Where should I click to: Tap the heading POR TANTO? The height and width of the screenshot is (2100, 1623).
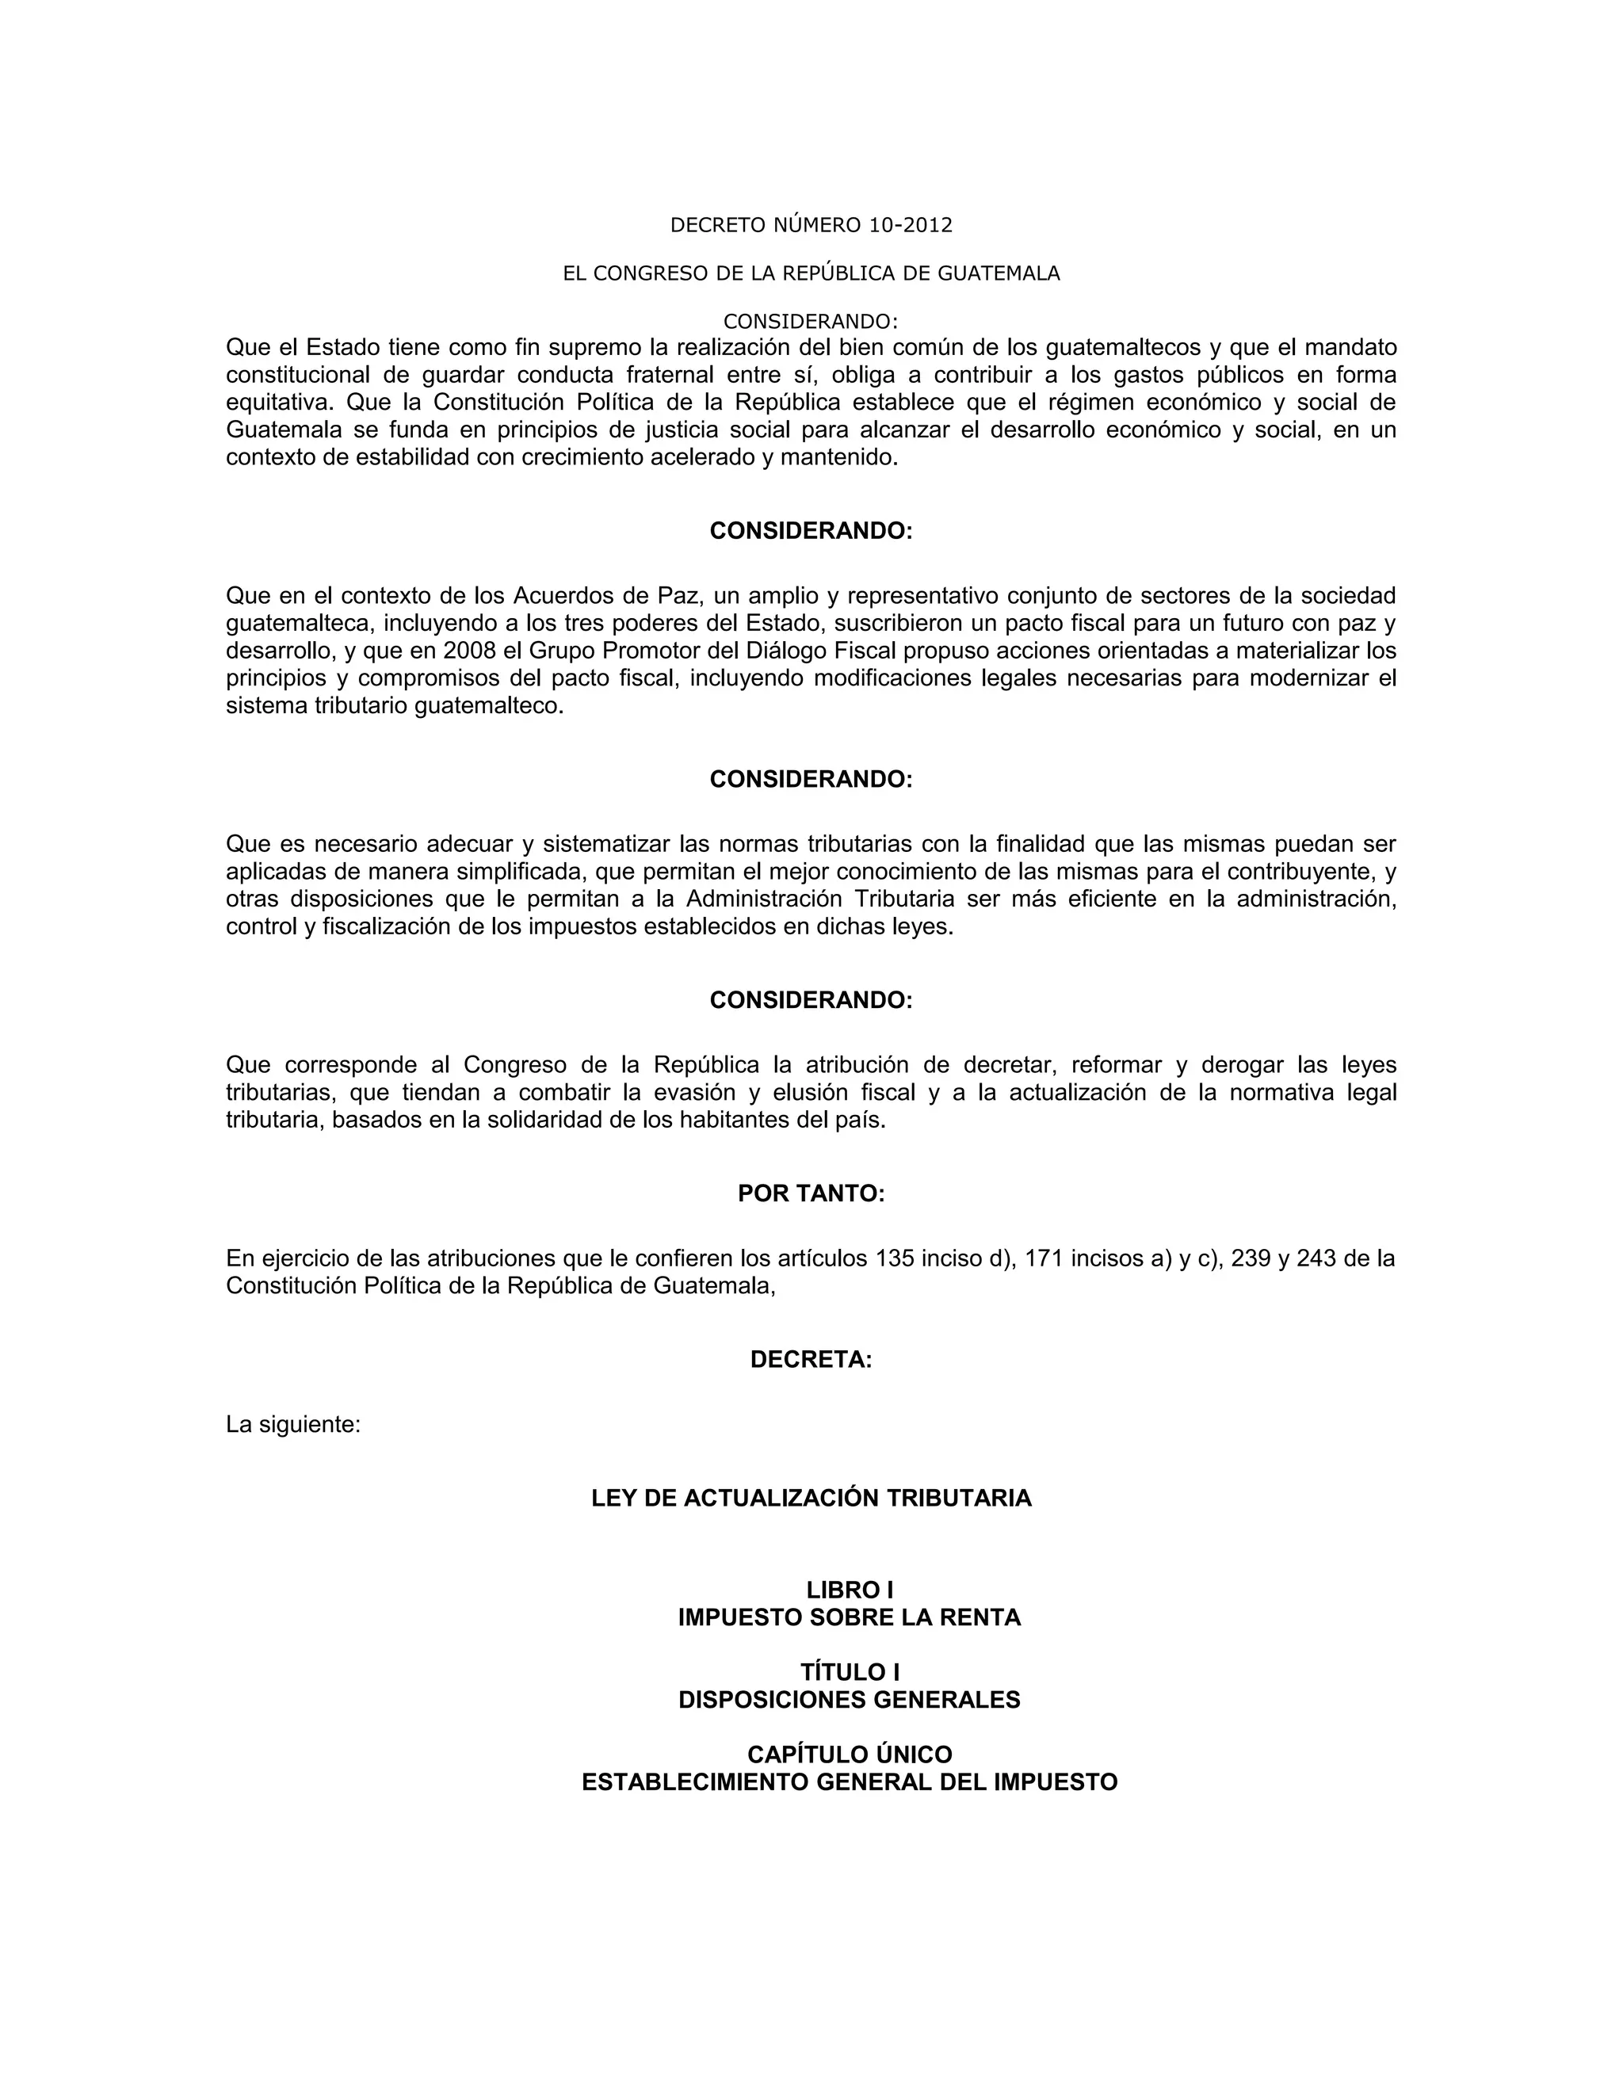811,1193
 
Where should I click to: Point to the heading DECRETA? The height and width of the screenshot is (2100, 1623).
811,1360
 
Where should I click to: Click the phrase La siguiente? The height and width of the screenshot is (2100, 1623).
293,1424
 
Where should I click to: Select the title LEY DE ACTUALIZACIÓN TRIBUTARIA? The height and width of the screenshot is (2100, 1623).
811,1498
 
